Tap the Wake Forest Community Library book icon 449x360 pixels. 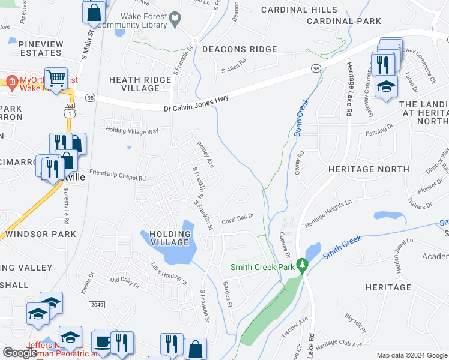point(175,20)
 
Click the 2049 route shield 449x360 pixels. point(97,305)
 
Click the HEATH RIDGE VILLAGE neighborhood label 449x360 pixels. point(142,84)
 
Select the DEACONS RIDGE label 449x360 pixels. point(240,49)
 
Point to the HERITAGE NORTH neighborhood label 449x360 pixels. point(369,170)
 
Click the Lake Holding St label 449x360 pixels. point(169,275)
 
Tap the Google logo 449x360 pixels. point(20,353)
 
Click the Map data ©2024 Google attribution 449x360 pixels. point(411,355)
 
